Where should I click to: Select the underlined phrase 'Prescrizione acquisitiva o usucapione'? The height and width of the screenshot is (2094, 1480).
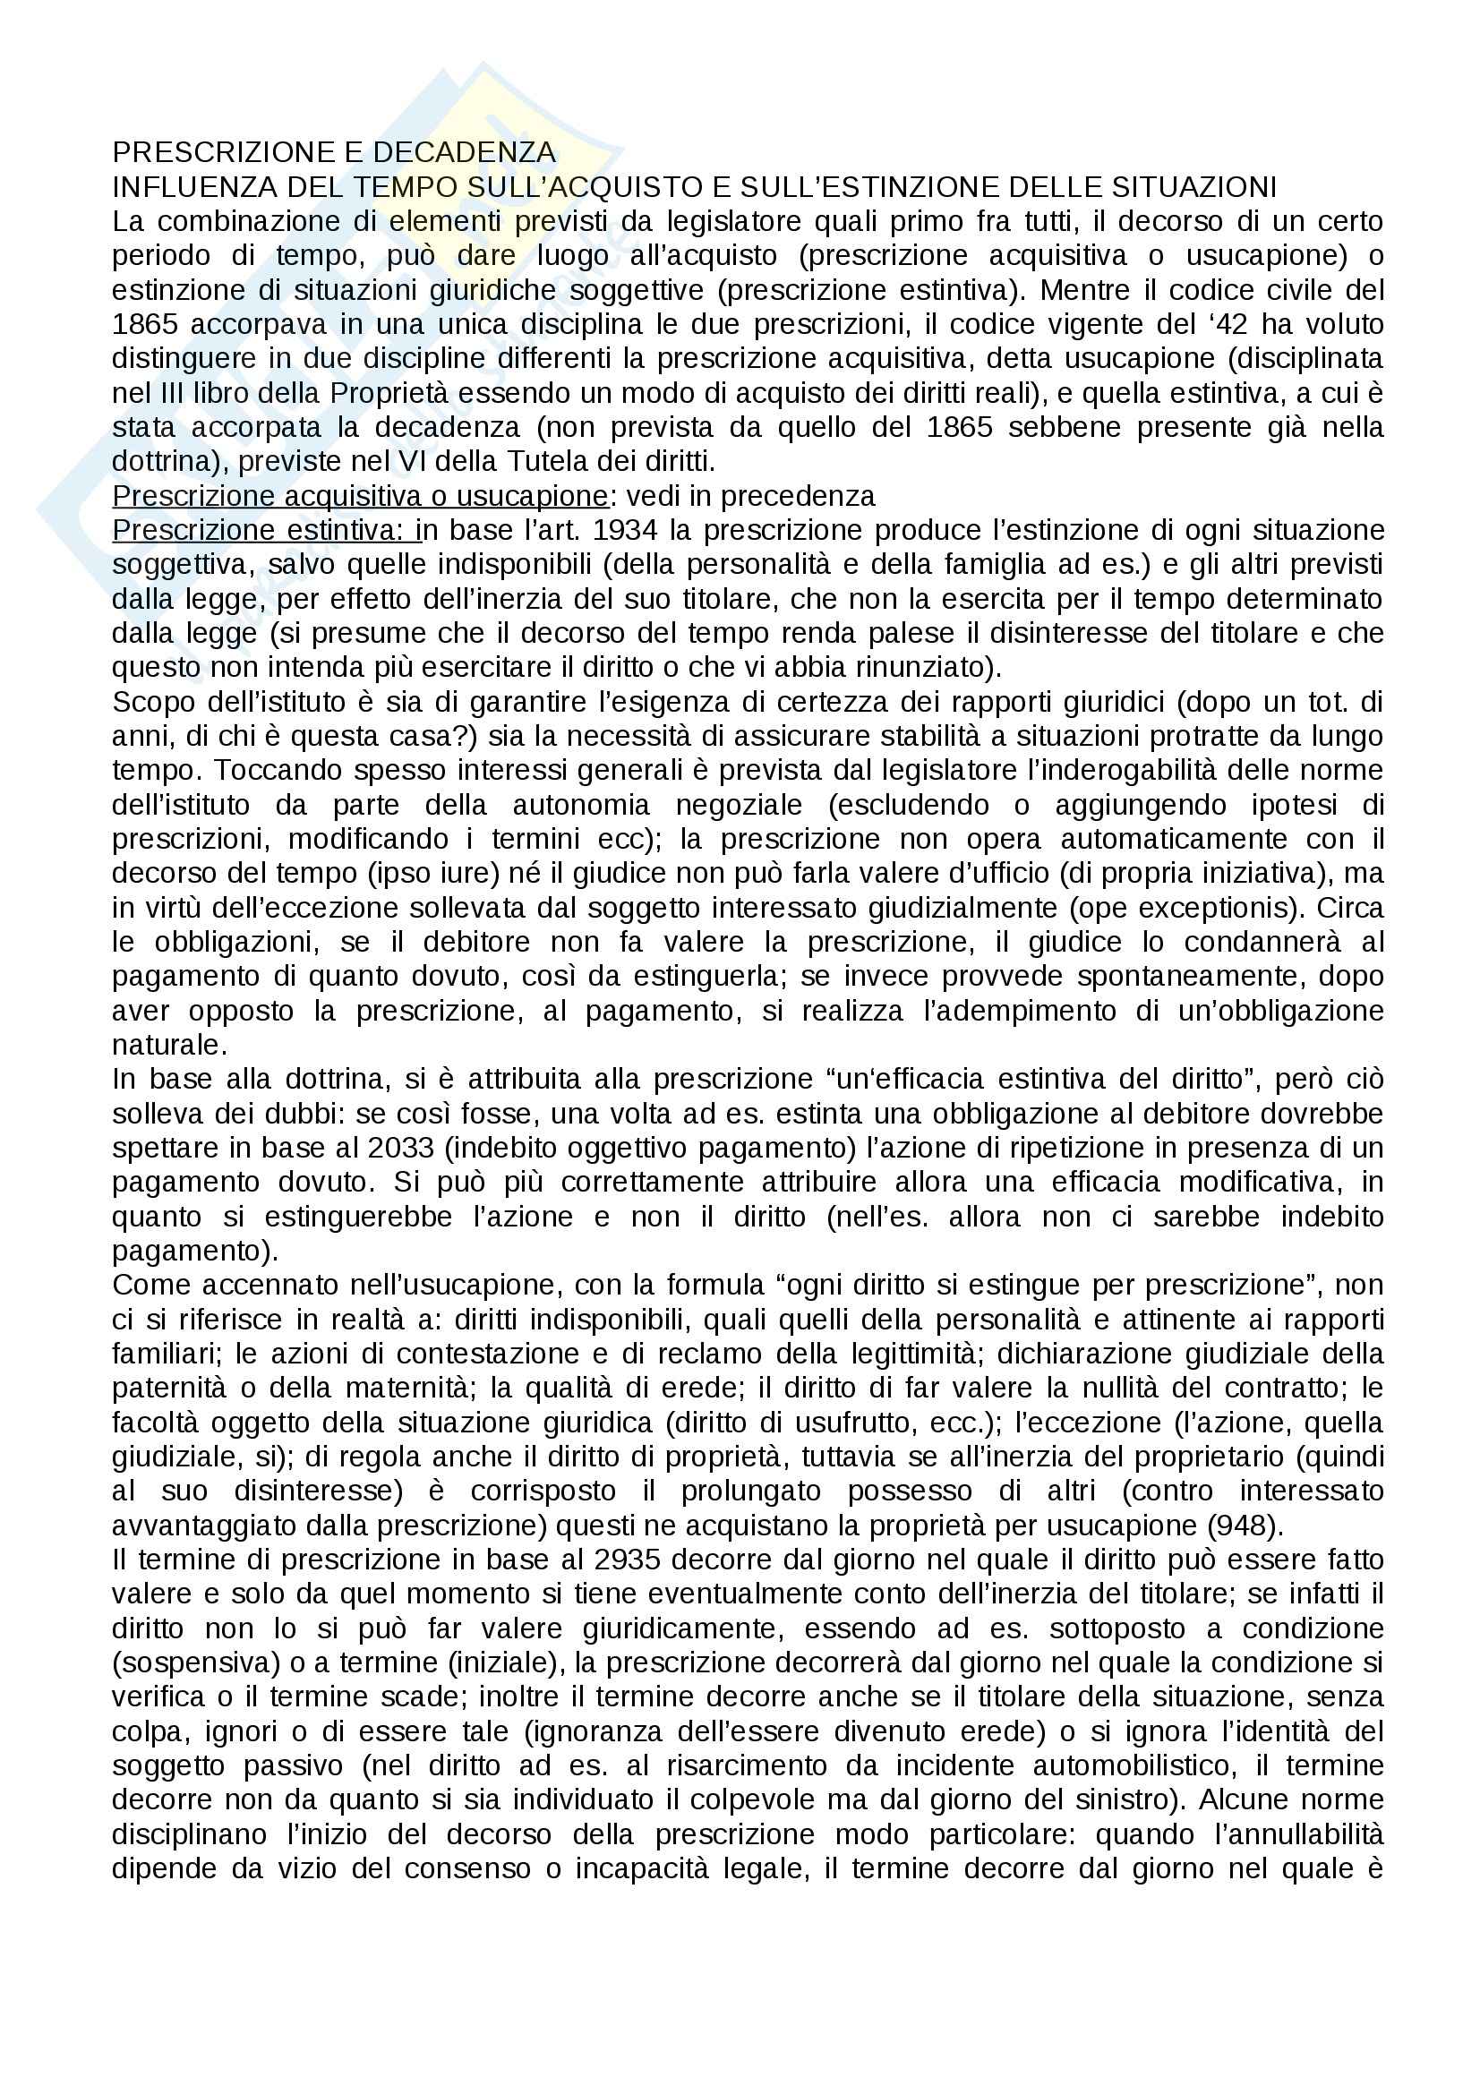click(359, 495)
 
